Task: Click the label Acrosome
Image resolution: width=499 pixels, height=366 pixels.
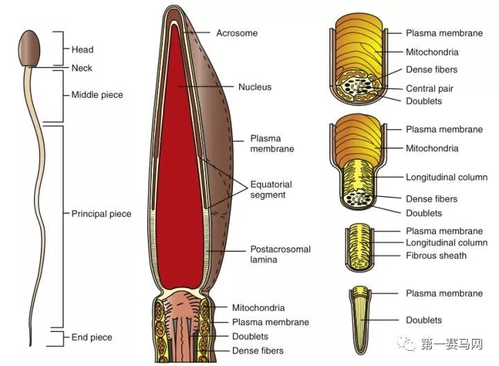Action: pyautogui.click(x=236, y=33)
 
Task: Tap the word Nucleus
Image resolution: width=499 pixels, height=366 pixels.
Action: pyautogui.click(x=254, y=88)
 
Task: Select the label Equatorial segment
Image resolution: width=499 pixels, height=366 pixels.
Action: pyautogui.click(x=272, y=190)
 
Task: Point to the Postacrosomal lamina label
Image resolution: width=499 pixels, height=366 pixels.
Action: pyautogui.click(x=280, y=253)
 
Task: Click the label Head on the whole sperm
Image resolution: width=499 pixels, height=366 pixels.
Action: pyautogui.click(x=82, y=50)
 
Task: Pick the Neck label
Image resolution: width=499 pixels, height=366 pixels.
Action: pyautogui.click(x=82, y=68)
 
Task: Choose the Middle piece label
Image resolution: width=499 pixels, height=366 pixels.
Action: pyautogui.click(x=97, y=94)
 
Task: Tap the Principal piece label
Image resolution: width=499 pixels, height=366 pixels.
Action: pyautogui.click(x=101, y=213)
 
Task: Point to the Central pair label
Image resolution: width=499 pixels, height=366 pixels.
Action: pyautogui.click(x=430, y=89)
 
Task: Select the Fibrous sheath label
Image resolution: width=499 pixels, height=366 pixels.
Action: pyautogui.click(x=436, y=256)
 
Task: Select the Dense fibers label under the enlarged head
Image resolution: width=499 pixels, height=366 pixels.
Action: pyautogui.click(x=258, y=351)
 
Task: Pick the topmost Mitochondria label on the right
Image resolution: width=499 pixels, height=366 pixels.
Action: pyautogui.click(x=432, y=52)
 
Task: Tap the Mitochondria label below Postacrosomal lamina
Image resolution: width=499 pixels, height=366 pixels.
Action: pyautogui.click(x=259, y=308)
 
